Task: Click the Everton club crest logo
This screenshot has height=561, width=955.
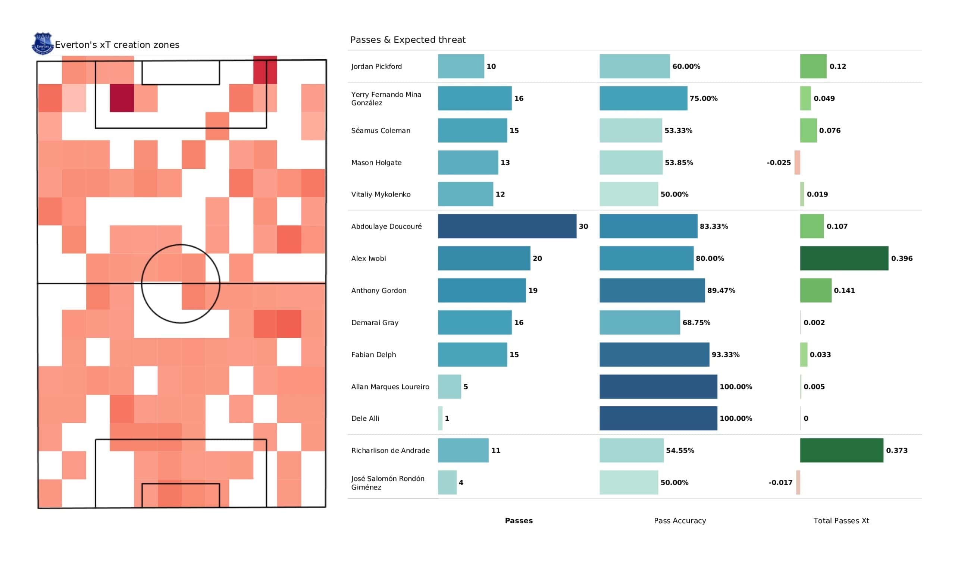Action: (43, 43)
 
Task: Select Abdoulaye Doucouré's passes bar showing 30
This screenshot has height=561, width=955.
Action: (507, 226)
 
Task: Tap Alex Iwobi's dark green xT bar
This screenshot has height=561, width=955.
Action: (843, 258)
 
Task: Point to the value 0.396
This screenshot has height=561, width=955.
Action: (901, 258)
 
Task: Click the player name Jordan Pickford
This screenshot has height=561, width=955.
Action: (376, 66)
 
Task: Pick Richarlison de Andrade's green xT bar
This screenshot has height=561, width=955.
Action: (841, 450)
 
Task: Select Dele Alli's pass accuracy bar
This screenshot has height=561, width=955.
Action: (658, 418)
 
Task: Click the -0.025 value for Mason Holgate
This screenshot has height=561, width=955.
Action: (779, 163)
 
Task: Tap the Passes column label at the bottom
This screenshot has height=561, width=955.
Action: (519, 521)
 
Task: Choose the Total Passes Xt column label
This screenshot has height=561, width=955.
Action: (841, 521)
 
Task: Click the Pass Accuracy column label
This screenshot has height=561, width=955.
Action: (679, 521)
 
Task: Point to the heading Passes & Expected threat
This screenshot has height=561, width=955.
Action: (407, 40)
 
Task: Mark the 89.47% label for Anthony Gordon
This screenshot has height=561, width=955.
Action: (721, 291)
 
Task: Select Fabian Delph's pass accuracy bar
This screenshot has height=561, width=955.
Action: (654, 354)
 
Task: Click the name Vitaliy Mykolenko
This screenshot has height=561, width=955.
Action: (381, 194)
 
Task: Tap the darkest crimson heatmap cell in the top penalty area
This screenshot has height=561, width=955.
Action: (122, 98)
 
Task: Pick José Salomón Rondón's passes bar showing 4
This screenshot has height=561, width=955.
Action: (447, 483)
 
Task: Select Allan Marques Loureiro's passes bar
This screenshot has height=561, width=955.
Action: (449, 387)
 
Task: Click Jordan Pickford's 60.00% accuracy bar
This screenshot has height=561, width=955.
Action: (635, 66)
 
